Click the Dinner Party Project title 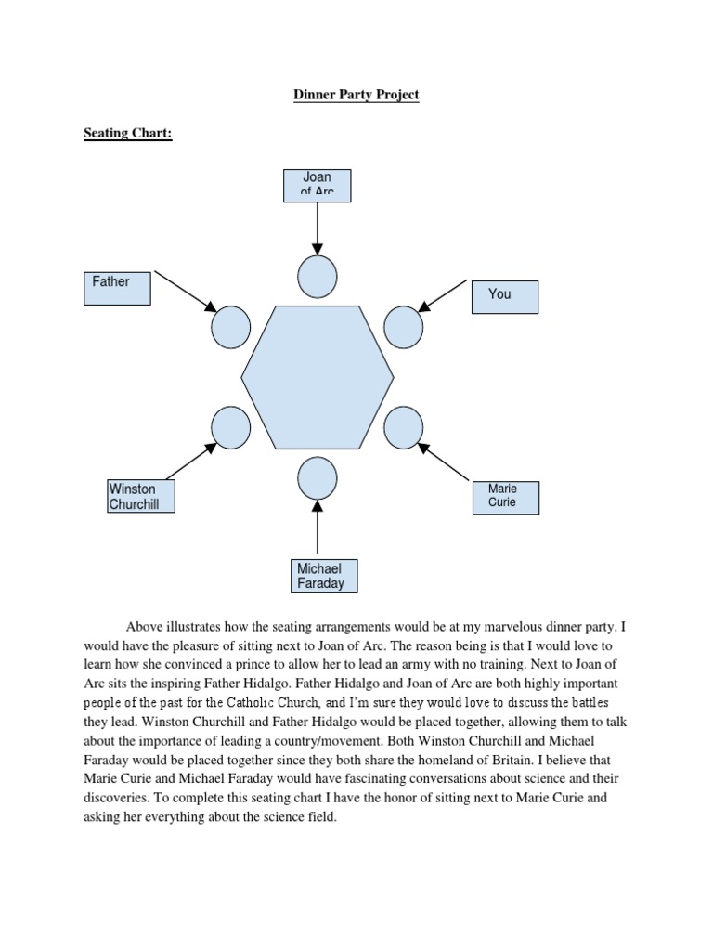click(x=356, y=95)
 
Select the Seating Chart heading click(x=128, y=134)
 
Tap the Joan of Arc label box click(x=318, y=185)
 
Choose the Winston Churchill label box click(x=141, y=496)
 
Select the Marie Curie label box click(x=506, y=497)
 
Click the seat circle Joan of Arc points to click(x=318, y=276)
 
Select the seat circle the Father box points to click(x=230, y=327)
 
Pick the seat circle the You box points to click(x=403, y=326)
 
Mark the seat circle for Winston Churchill click(x=230, y=428)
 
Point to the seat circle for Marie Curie click(x=403, y=427)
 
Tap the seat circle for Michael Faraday click(x=318, y=479)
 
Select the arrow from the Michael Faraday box click(x=318, y=529)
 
